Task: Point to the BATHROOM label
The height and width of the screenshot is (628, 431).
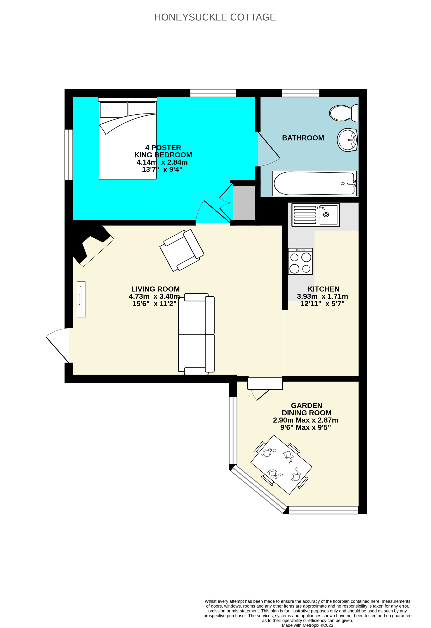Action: pyautogui.click(x=303, y=138)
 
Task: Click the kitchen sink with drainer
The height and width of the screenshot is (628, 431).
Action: pyautogui.click(x=315, y=215)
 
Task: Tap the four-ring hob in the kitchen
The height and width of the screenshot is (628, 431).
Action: pyautogui.click(x=300, y=261)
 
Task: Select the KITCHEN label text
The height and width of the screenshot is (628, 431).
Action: pyautogui.click(x=323, y=289)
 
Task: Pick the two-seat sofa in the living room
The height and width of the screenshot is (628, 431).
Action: pyautogui.click(x=196, y=334)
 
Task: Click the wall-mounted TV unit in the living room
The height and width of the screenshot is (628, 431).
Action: pyautogui.click(x=81, y=299)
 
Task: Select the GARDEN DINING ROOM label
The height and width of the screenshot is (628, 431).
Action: pyautogui.click(x=307, y=409)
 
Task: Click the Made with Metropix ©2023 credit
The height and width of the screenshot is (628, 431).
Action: pyautogui.click(x=307, y=625)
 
